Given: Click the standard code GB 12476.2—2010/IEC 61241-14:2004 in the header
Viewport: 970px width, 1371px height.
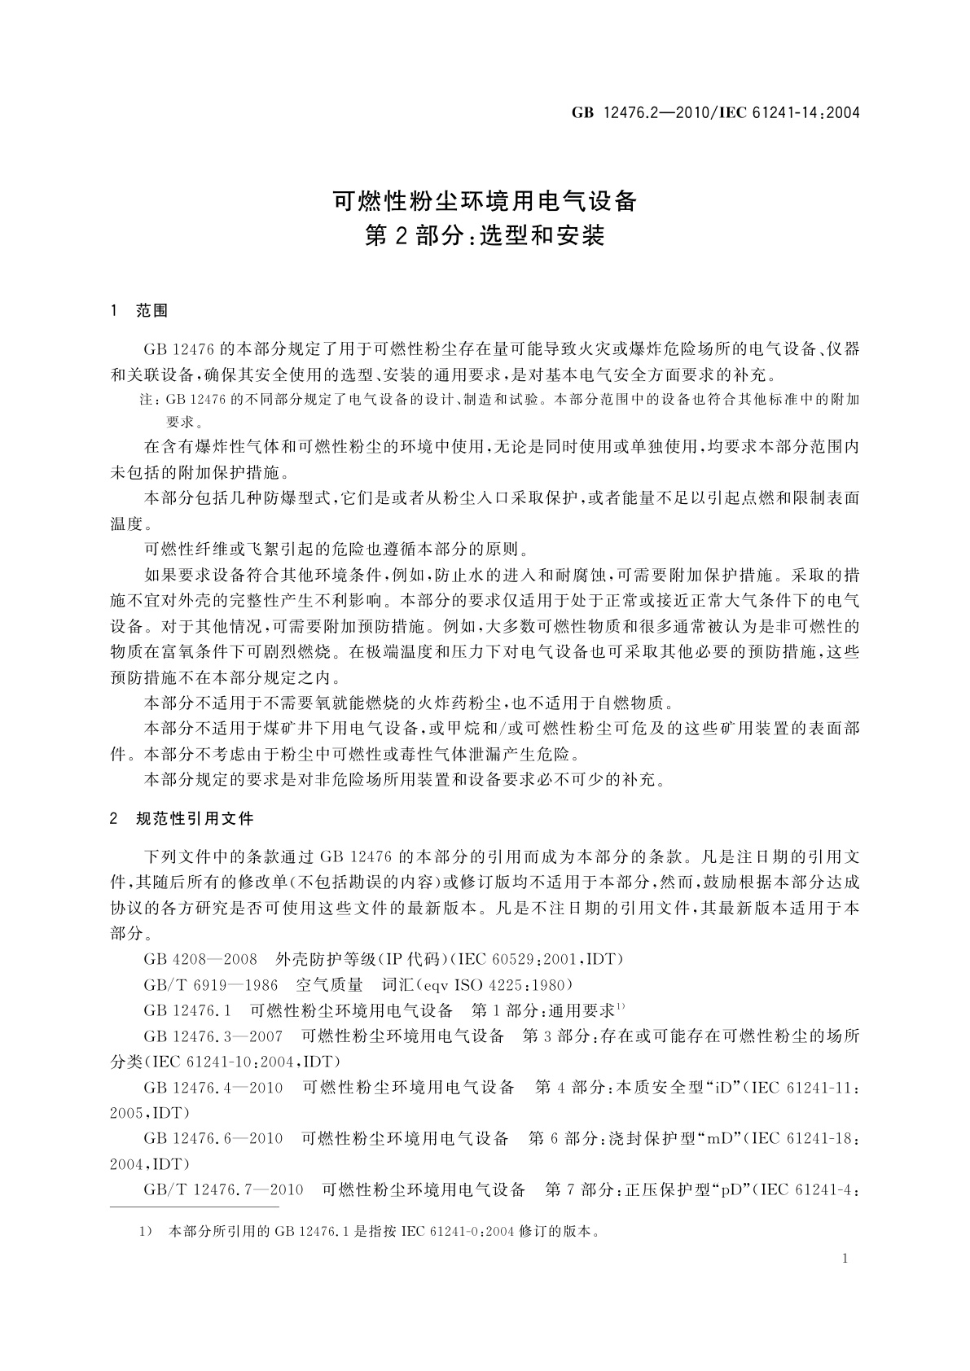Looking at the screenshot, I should [x=716, y=112].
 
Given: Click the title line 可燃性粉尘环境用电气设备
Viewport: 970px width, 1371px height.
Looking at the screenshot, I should [x=485, y=199].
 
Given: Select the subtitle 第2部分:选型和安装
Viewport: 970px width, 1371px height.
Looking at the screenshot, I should [x=485, y=236].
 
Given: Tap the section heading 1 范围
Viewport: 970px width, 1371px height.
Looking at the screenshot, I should [x=139, y=310].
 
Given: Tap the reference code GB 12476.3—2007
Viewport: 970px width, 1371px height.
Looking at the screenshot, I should [x=213, y=1036].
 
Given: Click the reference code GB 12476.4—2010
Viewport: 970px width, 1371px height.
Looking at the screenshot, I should [x=213, y=1087].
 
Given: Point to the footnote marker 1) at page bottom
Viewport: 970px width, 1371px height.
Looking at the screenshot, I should [x=147, y=1231].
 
